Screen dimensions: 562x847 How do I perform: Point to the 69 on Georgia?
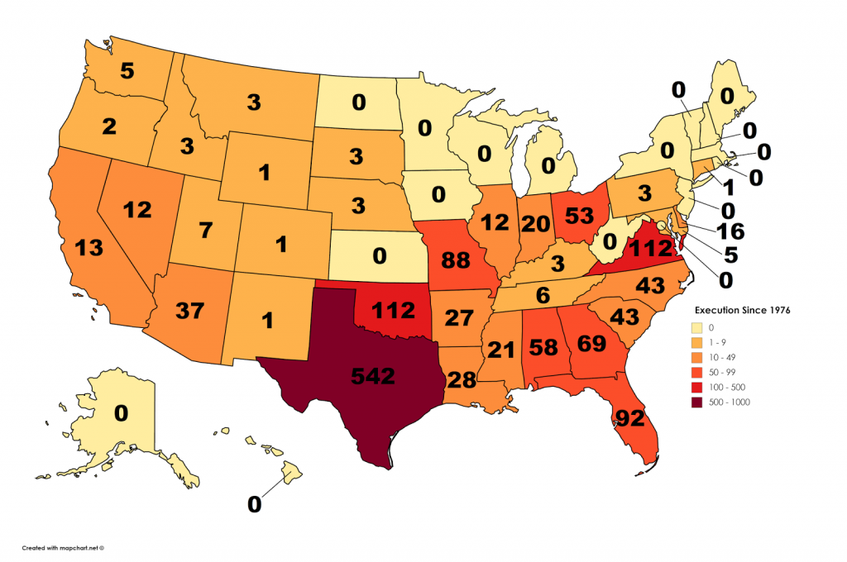click(586, 342)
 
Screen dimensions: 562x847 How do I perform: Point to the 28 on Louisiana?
click(462, 379)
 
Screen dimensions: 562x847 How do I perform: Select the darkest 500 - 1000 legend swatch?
click(701, 402)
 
